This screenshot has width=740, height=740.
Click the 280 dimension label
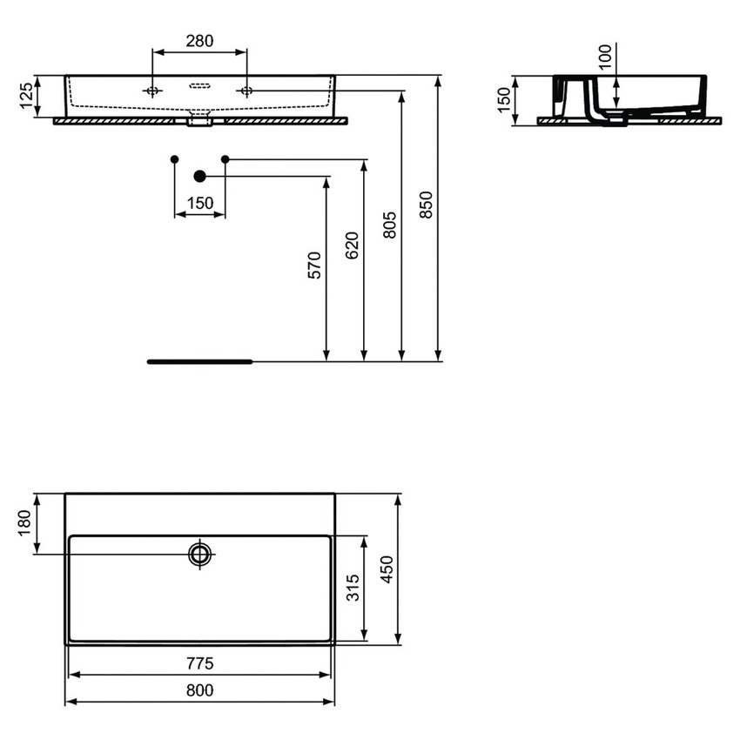199,41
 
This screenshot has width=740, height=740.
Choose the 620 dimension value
352,246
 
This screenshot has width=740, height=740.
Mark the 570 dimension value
314,265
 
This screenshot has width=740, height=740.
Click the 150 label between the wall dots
199,203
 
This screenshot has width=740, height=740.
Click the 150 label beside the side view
504,100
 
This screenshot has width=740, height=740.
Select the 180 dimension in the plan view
25,523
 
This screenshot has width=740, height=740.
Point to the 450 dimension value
388,569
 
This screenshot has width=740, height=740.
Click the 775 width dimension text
199,663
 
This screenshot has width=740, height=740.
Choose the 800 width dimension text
199,690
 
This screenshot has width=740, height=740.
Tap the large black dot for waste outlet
200,177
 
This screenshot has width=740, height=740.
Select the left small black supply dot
175,158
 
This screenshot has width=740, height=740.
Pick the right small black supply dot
225,158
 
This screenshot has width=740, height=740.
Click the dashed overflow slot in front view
199,85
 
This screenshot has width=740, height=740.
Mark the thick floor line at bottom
199,360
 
